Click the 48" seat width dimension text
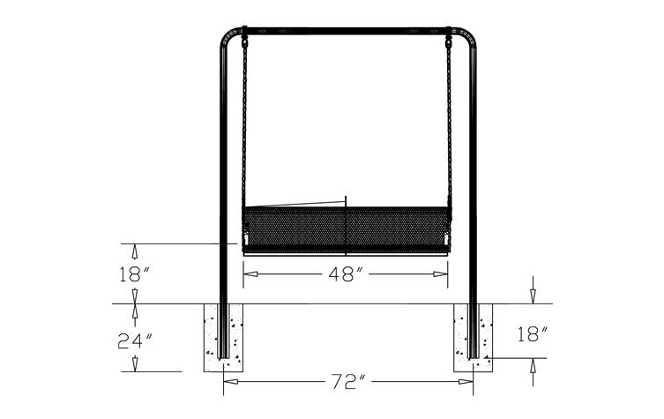tap(346, 274)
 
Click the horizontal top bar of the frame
tap(346, 31)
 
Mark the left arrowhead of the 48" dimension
tap(249, 274)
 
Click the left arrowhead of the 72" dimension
tap(228, 382)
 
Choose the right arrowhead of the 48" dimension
tap(444, 274)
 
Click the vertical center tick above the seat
tap(347, 201)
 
